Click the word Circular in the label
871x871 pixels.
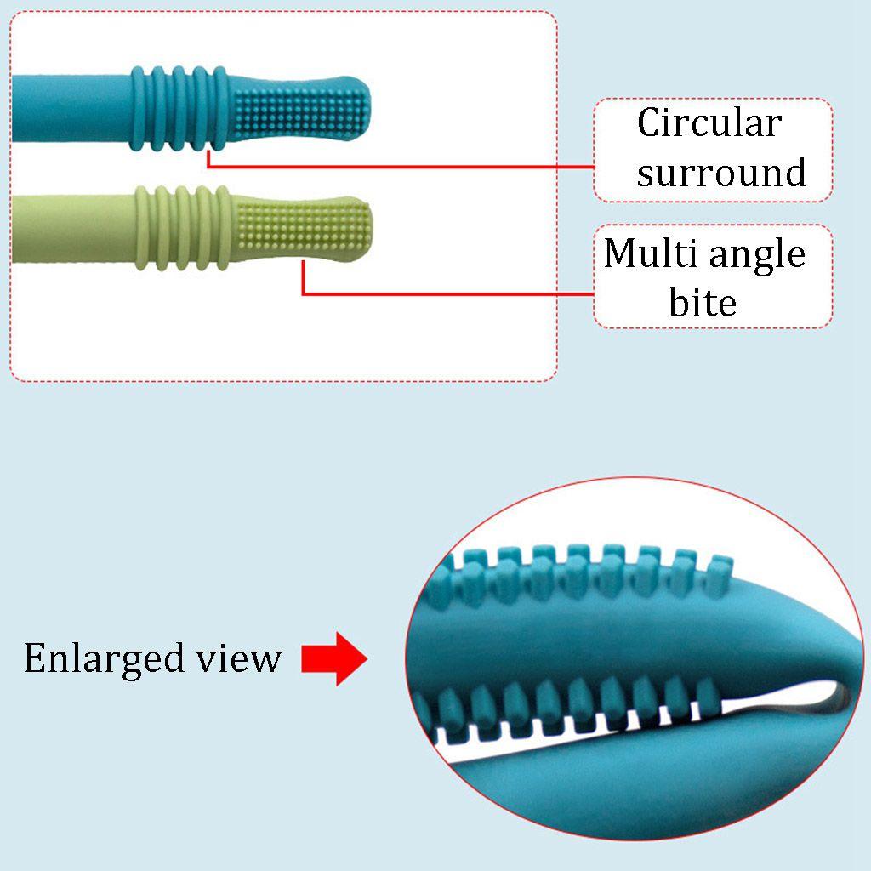709,124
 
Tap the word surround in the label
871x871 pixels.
721,173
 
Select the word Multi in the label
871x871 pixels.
643,253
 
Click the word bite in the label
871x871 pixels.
703,302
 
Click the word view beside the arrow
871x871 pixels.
239,658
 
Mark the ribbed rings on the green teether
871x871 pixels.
182,228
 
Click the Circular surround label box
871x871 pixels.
713,150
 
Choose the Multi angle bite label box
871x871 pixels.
713,276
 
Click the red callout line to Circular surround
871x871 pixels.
400,167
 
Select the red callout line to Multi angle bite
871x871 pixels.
442,294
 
